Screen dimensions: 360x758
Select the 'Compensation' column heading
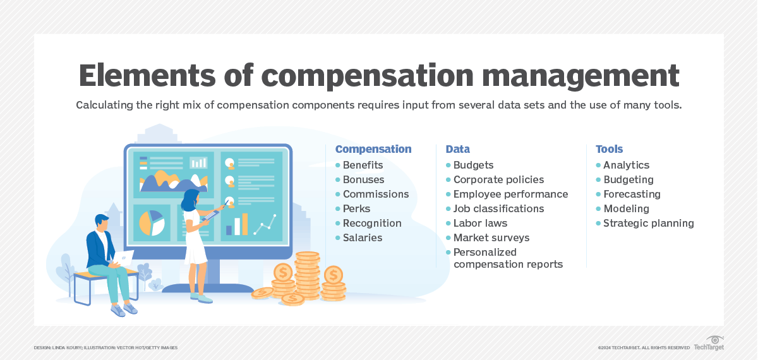coord(373,150)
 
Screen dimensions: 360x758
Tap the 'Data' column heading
coord(457,150)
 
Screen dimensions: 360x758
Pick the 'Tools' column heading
coord(609,150)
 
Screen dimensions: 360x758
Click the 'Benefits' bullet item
coord(363,165)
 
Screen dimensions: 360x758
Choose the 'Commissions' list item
coord(376,195)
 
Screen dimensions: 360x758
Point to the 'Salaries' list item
coord(363,238)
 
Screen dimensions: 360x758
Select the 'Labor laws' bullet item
coord(480,224)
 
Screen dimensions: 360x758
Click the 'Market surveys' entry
coord(491,238)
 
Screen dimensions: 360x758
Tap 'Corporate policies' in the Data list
coord(498,180)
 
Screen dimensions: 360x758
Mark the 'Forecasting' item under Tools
coord(632,195)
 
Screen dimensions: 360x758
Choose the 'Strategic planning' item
coord(648,224)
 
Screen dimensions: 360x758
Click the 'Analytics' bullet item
coord(626,165)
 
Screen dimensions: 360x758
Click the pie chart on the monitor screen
coord(152,222)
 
